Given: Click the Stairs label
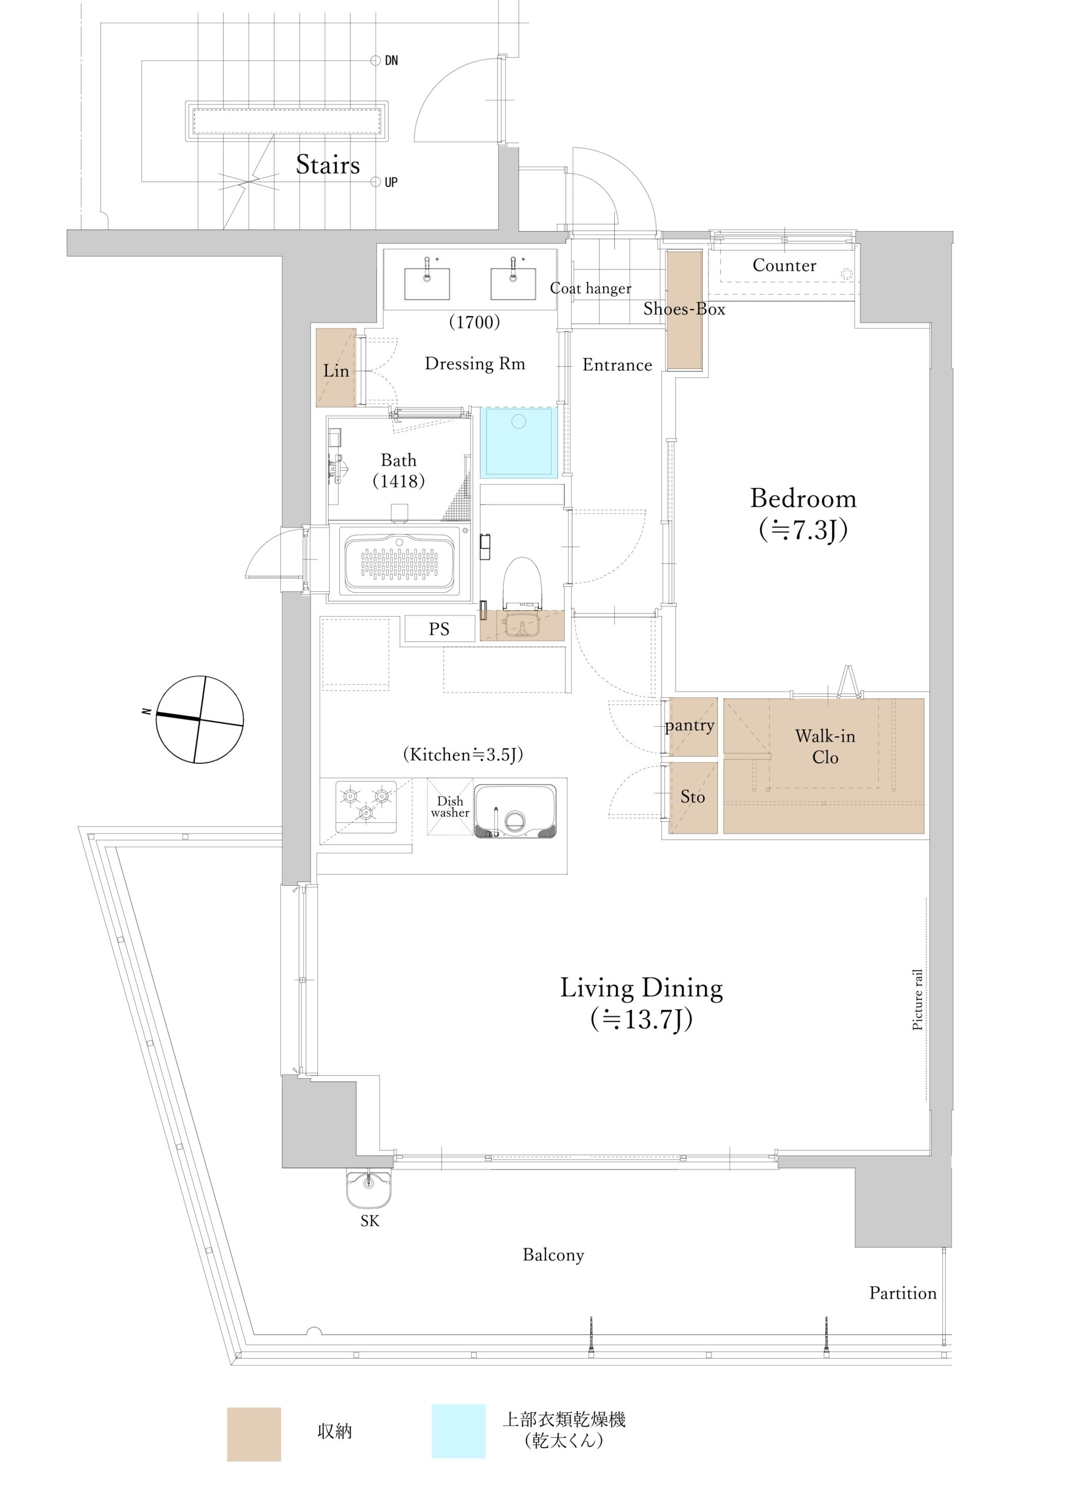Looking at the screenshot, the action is tap(327, 164).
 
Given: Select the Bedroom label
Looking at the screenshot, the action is tap(803, 498).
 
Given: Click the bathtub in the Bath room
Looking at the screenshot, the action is tap(399, 562).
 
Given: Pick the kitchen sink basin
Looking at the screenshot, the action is tap(515, 811).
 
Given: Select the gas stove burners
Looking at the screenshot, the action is tap(366, 806).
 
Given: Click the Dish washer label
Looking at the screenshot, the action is tap(450, 806).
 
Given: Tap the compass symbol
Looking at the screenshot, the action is tap(200, 719).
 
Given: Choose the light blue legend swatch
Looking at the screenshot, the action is tap(458, 1431).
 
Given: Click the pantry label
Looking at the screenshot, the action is tap(689, 726).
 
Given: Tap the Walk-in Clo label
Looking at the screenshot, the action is tap(825, 746).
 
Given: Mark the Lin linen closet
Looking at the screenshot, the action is tap(336, 367).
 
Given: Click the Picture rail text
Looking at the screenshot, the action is tap(918, 1000).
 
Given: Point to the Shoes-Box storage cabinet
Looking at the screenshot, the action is tap(684, 310).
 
